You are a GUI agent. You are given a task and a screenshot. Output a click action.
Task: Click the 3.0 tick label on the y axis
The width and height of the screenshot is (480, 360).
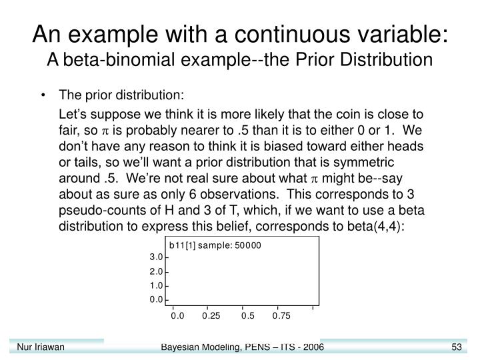pos(155,257)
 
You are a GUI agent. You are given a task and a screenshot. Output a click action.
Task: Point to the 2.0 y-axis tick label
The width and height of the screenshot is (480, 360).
pos(155,271)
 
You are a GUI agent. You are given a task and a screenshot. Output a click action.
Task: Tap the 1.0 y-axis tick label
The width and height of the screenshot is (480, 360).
pos(155,285)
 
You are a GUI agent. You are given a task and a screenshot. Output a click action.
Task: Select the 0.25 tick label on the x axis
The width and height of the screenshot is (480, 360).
pos(211,315)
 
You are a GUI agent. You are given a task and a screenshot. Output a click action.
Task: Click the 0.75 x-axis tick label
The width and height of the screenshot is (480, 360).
pos(282,315)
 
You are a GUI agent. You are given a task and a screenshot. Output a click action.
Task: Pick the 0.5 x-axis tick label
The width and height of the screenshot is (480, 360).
pos(248,315)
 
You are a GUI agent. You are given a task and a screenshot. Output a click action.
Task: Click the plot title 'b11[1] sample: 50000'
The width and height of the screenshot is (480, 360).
pos(215,245)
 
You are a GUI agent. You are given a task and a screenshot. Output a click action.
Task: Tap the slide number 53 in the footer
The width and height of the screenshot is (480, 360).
pos(457,347)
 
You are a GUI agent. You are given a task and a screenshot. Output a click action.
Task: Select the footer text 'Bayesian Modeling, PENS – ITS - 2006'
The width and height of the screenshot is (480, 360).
pos(243,347)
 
